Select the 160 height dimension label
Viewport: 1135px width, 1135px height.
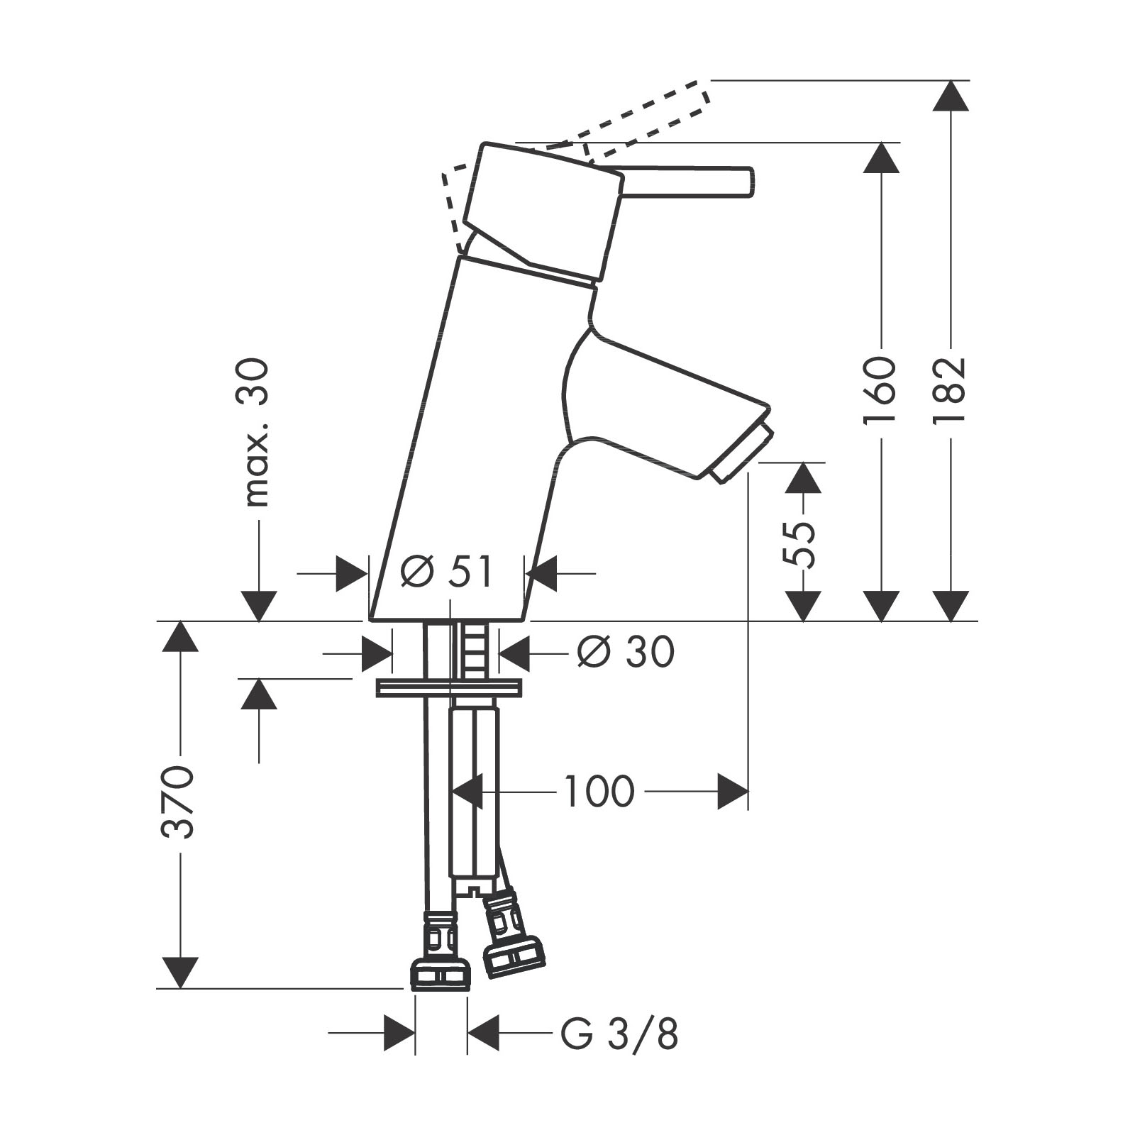tap(880, 389)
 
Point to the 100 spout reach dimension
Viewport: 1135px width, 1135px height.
tap(598, 791)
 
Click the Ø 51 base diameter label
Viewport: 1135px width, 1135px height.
tap(446, 572)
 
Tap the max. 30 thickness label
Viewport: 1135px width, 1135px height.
tap(256, 432)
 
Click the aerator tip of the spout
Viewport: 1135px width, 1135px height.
tap(742, 453)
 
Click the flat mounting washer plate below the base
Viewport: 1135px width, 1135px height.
tap(450, 687)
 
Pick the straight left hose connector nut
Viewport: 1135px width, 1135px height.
tap(441, 951)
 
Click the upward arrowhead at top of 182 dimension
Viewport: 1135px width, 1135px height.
tap(951, 96)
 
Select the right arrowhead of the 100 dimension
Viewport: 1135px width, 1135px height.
tap(732, 791)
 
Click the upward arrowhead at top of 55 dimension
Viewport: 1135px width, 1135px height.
tap(803, 478)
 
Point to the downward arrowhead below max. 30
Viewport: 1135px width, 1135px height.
tap(258, 605)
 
